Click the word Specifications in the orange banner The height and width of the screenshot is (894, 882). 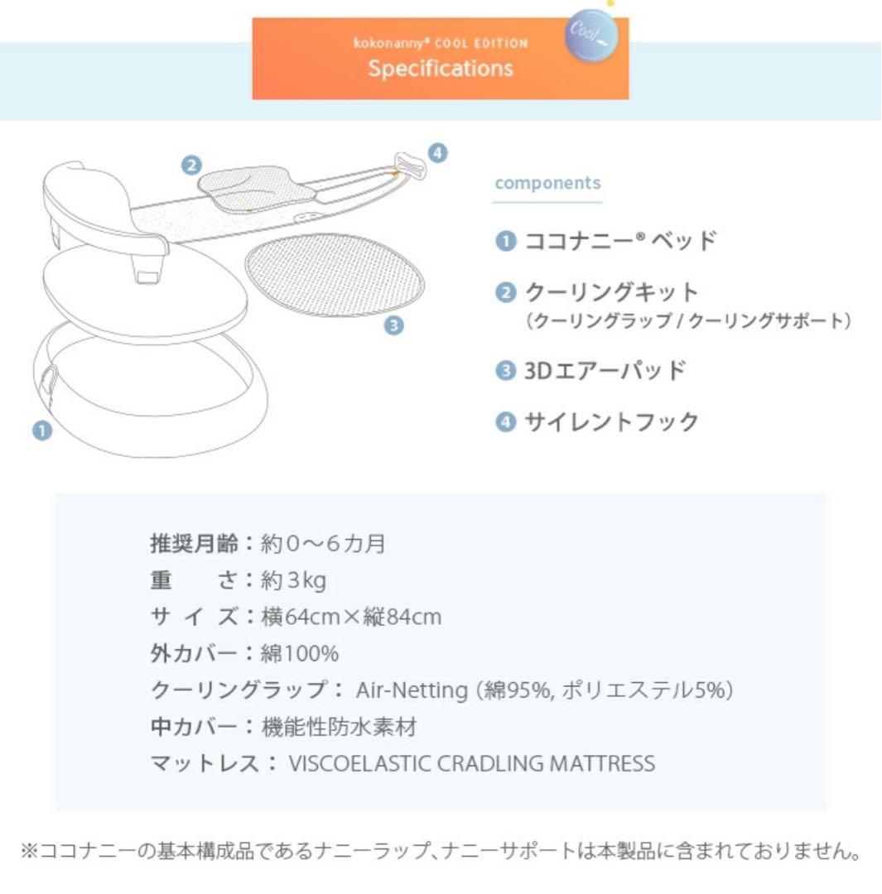441,68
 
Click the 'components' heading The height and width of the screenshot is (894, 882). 547,183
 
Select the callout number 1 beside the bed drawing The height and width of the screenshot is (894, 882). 41,430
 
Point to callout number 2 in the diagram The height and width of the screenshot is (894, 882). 191,165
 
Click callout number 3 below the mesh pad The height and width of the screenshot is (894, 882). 394,325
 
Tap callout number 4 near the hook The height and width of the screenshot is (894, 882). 437,152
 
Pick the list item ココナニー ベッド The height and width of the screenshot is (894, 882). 619,242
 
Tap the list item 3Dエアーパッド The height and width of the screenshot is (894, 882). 605,370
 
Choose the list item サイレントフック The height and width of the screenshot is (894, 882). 611,422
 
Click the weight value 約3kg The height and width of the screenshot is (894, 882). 293,580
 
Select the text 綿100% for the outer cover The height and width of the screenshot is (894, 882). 299,654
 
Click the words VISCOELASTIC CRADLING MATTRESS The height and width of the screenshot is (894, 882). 471,763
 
